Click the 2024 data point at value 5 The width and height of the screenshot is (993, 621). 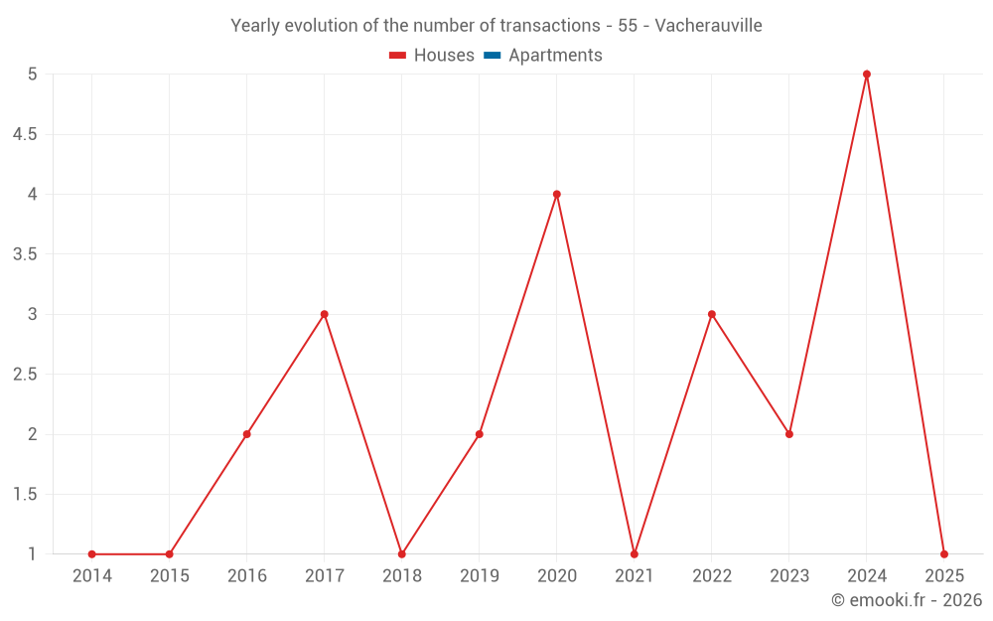pos(867,75)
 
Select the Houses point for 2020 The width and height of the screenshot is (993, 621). pos(557,194)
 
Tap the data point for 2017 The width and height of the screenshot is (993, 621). pos(325,314)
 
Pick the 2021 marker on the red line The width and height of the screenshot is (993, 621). pos(635,553)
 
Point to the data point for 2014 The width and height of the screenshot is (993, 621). pos(92,553)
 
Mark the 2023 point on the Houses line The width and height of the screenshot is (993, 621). pos(789,434)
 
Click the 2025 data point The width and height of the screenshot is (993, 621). pos(944,553)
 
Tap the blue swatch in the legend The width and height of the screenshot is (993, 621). pos(492,56)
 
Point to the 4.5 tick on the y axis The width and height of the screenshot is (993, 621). pos(24,134)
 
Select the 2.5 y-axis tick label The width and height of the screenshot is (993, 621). pos(24,375)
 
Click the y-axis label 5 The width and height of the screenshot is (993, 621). pos(32,75)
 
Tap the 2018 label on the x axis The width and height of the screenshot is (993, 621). pos(402,576)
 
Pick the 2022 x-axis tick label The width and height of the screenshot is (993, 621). pos(712,576)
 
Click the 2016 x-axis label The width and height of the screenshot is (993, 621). pos(247,576)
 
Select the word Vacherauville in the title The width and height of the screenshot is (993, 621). pos(709,26)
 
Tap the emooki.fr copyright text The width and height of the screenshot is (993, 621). pos(907,600)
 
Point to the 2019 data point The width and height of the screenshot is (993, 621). pos(480,434)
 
